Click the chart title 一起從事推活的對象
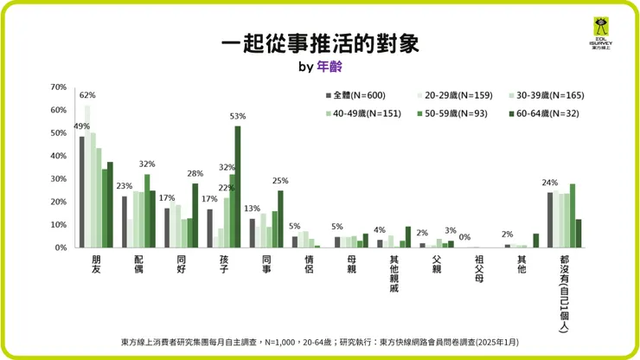pos(319,43)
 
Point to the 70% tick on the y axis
pos(59,87)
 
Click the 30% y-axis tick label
pos(59,179)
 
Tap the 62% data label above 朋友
pos(87,95)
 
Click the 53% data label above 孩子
pos(238,116)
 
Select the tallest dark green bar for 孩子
pos(238,186)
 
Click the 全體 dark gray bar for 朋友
pos(82,191)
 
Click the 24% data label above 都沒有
pos(549,183)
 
